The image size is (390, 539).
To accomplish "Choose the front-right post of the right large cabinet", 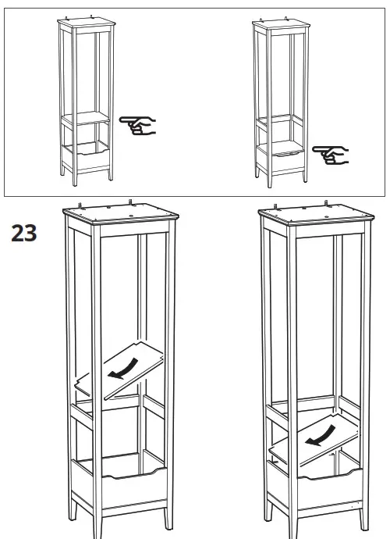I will pyautogui.click(x=363, y=352).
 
